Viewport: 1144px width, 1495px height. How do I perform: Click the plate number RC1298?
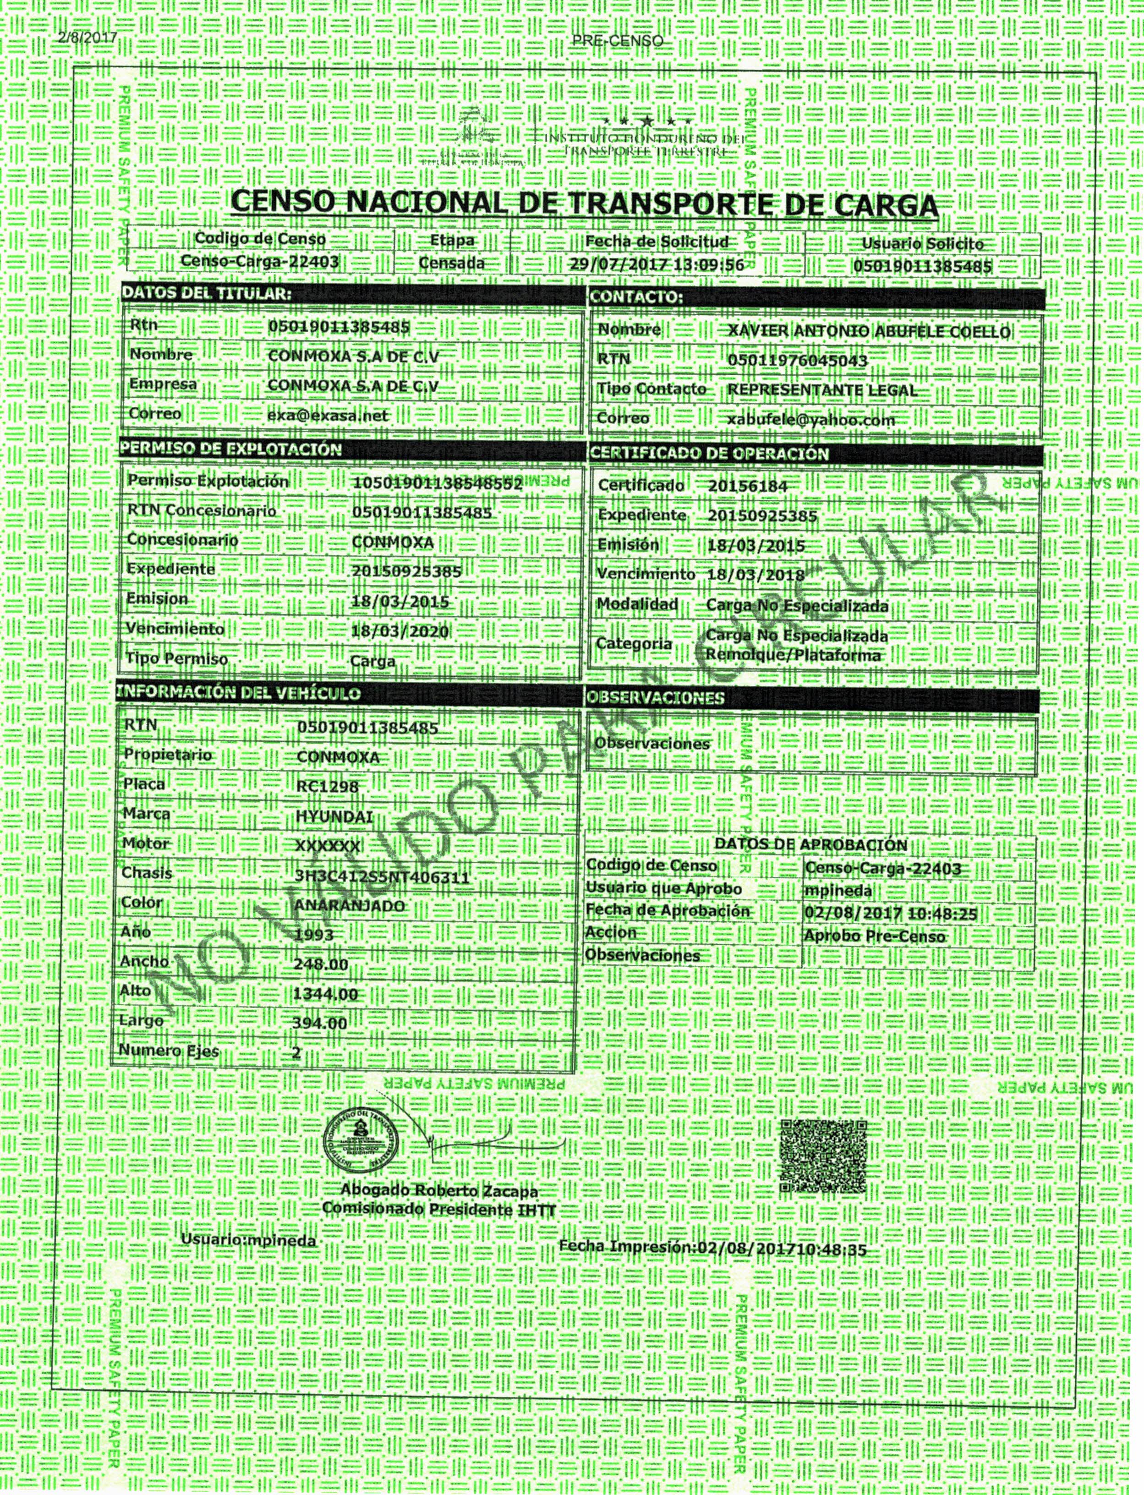point(328,787)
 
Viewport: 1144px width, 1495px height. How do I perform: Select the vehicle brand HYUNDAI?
point(334,816)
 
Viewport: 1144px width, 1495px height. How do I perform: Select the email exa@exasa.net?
point(328,415)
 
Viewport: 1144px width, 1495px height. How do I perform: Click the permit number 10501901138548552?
point(437,483)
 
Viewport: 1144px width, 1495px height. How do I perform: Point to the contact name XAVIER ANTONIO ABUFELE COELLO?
point(869,332)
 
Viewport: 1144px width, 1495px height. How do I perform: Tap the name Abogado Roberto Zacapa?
point(439,1209)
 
